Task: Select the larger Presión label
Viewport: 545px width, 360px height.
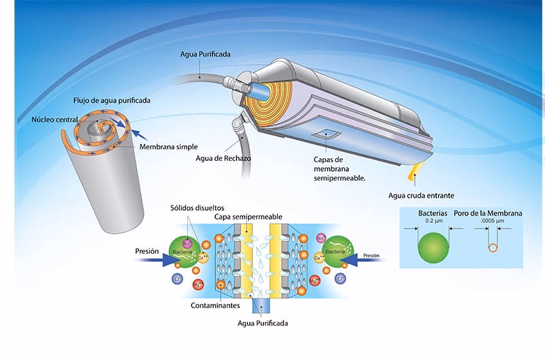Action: click(146, 251)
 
